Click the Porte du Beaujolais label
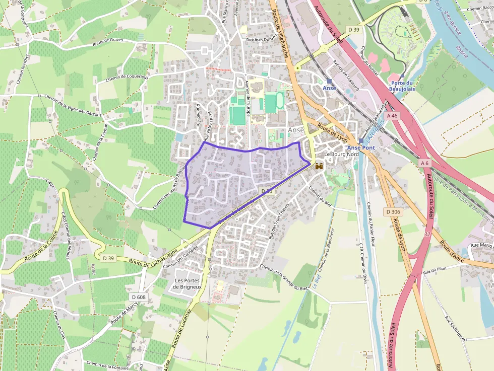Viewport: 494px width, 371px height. tap(402, 86)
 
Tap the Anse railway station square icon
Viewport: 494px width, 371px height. tap(329, 81)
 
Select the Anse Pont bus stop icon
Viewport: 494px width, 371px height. tap(361, 141)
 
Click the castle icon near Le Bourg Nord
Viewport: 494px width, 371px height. tap(319, 166)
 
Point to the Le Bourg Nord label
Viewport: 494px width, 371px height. tap(341, 154)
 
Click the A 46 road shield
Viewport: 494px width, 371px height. tap(392, 116)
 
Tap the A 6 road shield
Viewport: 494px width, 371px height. tap(424, 163)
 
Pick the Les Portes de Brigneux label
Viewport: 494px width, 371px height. tap(188, 283)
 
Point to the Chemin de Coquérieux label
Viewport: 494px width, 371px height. tap(127, 78)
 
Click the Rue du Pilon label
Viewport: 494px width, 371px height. tap(435, 271)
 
